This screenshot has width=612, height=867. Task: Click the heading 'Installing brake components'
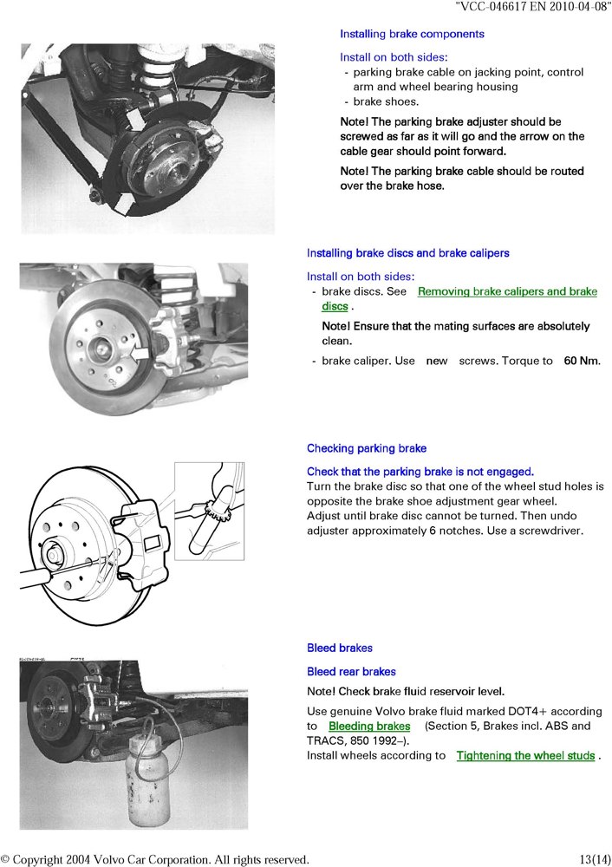tap(412, 34)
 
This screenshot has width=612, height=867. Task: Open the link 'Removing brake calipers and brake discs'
tap(507, 292)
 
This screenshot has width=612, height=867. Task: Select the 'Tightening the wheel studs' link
tap(525, 756)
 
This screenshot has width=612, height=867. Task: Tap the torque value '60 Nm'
tap(582, 360)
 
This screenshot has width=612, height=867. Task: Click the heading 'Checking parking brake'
tap(367, 448)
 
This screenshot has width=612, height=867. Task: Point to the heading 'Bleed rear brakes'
tap(351, 671)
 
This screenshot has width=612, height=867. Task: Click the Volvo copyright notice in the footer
tap(155, 859)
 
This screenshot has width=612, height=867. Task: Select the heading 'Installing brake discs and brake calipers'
tap(407, 253)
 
